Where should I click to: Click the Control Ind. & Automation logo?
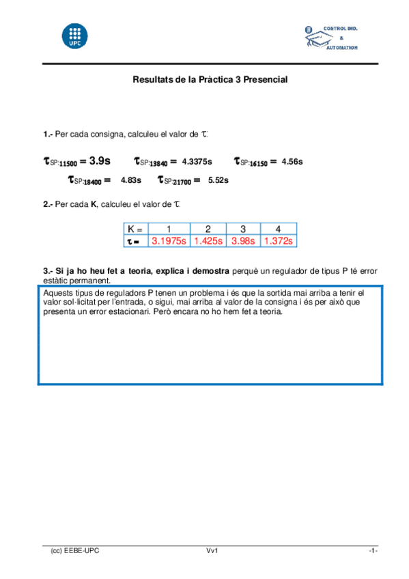(331, 38)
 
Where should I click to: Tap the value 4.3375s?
(197, 162)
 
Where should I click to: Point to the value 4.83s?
(130, 180)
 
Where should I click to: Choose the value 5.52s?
(218, 180)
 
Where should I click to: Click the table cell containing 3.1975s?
(168, 241)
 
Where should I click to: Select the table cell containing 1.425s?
(208, 241)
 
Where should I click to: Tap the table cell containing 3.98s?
(243, 241)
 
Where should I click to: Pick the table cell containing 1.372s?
(278, 241)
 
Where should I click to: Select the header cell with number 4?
(278, 229)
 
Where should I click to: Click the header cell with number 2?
(208, 229)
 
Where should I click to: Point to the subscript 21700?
(180, 182)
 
